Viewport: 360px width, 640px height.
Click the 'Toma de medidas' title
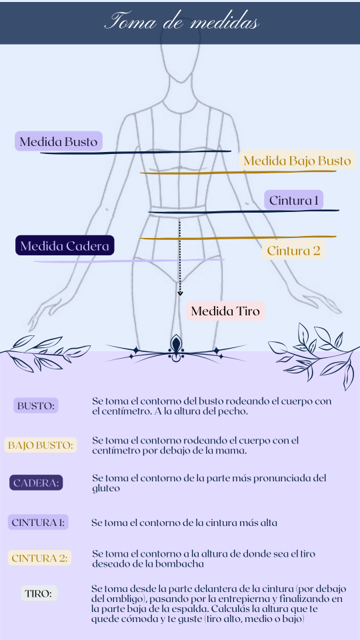[x=181, y=22]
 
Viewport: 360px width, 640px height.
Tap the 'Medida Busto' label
[x=59, y=141]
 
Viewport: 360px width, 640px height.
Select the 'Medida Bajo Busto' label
[x=297, y=160]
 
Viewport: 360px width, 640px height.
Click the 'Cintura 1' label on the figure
[x=293, y=201]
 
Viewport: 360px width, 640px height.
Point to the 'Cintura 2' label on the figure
[x=293, y=250]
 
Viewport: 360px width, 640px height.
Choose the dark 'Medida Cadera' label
[x=65, y=246]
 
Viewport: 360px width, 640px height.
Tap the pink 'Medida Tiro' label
[x=225, y=311]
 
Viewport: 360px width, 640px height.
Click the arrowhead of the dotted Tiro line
[x=180, y=293]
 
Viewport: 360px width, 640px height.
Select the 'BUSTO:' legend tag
[x=36, y=406]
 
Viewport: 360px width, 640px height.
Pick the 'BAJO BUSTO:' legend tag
[x=41, y=445]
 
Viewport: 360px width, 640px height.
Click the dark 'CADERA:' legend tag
[x=36, y=483]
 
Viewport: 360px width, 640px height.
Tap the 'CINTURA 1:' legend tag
[x=38, y=522]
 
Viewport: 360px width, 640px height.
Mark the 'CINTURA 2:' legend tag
[x=39, y=558]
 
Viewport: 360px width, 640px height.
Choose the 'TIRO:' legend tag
[x=39, y=593]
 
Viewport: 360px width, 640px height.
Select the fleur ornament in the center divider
[x=176, y=348]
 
